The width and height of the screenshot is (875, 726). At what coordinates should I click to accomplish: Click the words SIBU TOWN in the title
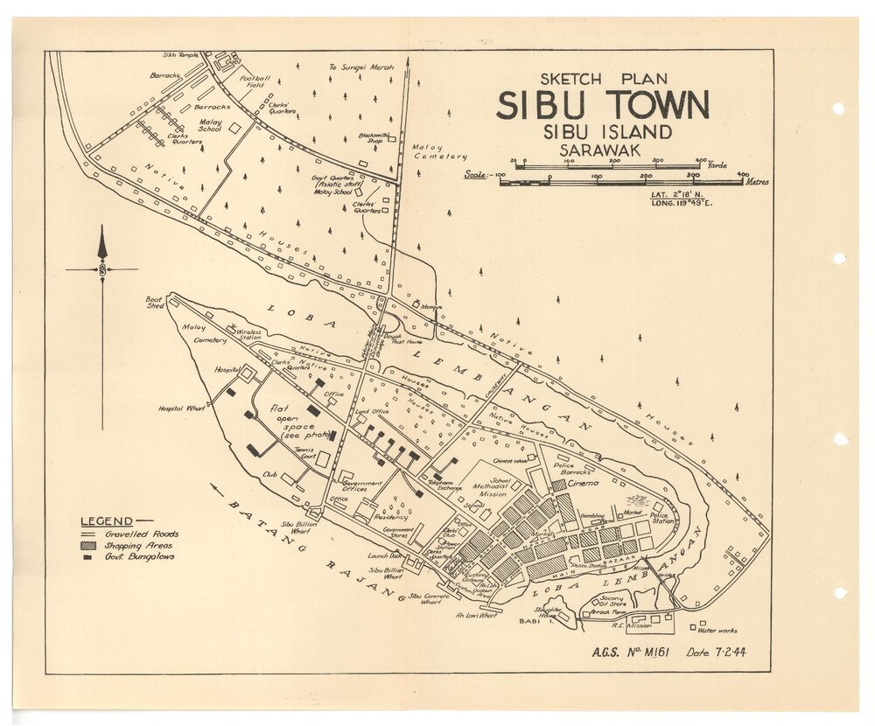(603, 106)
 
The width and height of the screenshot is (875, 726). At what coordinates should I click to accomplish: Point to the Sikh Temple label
(181, 54)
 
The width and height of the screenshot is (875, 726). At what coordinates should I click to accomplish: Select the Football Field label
(253, 81)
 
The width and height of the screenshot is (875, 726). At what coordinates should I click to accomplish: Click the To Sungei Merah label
(361, 66)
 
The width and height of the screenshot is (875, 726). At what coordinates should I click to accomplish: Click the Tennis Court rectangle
(324, 459)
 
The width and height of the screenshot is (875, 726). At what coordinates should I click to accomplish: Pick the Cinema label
(584, 484)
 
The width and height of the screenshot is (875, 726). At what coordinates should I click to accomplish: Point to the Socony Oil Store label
(612, 601)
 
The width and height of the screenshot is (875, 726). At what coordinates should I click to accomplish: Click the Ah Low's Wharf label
(476, 615)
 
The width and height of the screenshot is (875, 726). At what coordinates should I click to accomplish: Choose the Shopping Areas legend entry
(140, 545)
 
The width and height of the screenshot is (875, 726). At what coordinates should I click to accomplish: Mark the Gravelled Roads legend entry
(142, 534)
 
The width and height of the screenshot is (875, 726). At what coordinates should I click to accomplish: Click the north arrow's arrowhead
(102, 242)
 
